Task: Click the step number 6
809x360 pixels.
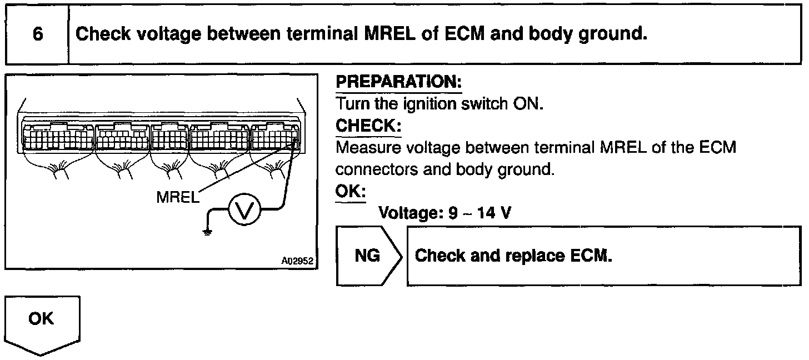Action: (x=37, y=34)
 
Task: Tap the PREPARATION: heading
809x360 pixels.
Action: (x=399, y=83)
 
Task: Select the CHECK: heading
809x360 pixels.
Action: (x=368, y=127)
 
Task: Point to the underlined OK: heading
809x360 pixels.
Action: (x=351, y=192)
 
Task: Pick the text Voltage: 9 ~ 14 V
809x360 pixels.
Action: (x=444, y=213)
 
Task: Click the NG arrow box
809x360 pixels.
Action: (x=367, y=256)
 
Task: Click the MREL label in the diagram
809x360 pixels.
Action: (x=177, y=197)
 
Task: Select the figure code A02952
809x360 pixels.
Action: (x=298, y=260)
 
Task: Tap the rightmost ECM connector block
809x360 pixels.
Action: (x=275, y=137)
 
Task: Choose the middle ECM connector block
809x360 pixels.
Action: (x=169, y=137)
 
